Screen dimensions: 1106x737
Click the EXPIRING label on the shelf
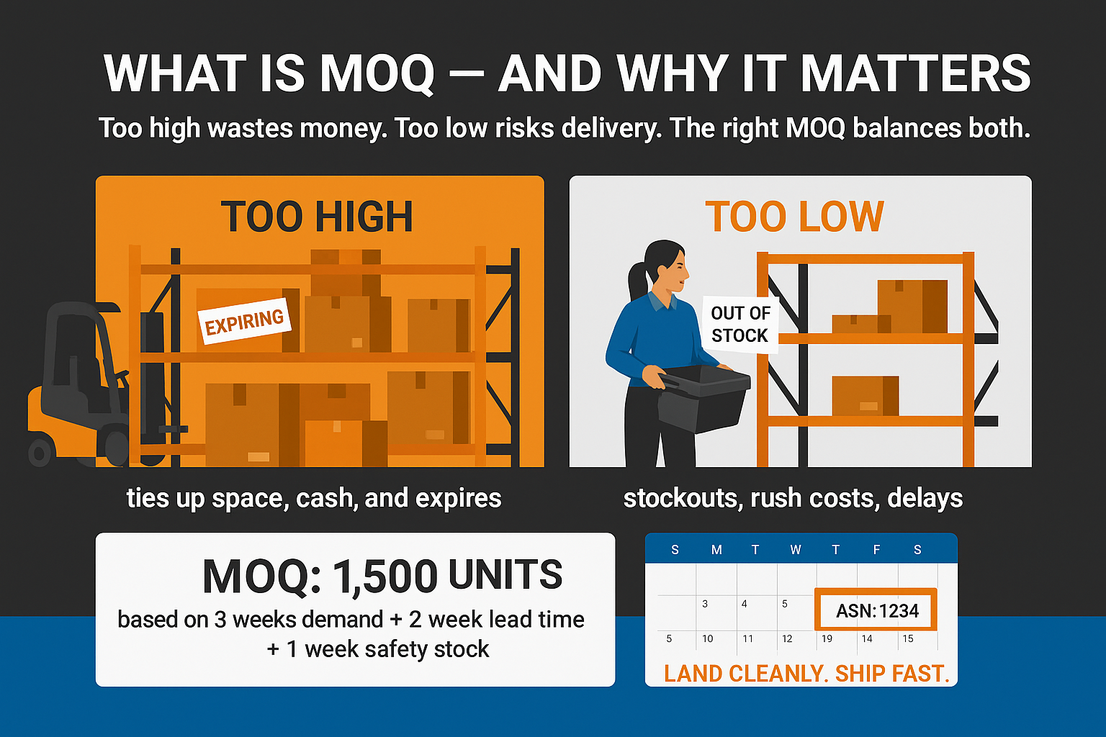(244, 321)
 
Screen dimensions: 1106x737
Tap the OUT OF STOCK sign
(740, 325)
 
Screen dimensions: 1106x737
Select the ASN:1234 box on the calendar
(876, 609)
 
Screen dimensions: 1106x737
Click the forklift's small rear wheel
(40, 451)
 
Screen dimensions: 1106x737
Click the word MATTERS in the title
(915, 73)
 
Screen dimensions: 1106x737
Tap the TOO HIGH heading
(317, 217)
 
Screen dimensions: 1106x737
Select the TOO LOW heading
(794, 217)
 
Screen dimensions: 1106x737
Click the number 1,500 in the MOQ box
(385, 576)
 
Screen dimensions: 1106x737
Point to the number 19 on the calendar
(827, 639)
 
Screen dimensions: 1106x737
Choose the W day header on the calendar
(796, 550)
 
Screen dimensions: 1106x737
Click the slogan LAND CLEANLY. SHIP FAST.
(806, 674)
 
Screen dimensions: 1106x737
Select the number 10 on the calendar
(708, 639)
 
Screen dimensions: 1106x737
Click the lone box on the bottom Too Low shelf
(865, 395)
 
